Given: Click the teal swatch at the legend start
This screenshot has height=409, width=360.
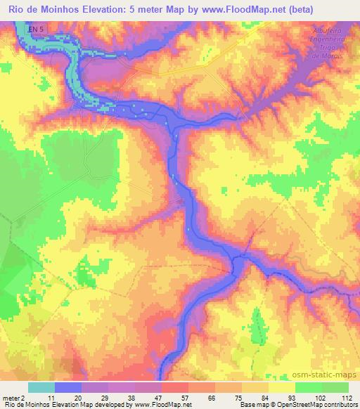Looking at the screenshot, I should pyautogui.click(x=41, y=387).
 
